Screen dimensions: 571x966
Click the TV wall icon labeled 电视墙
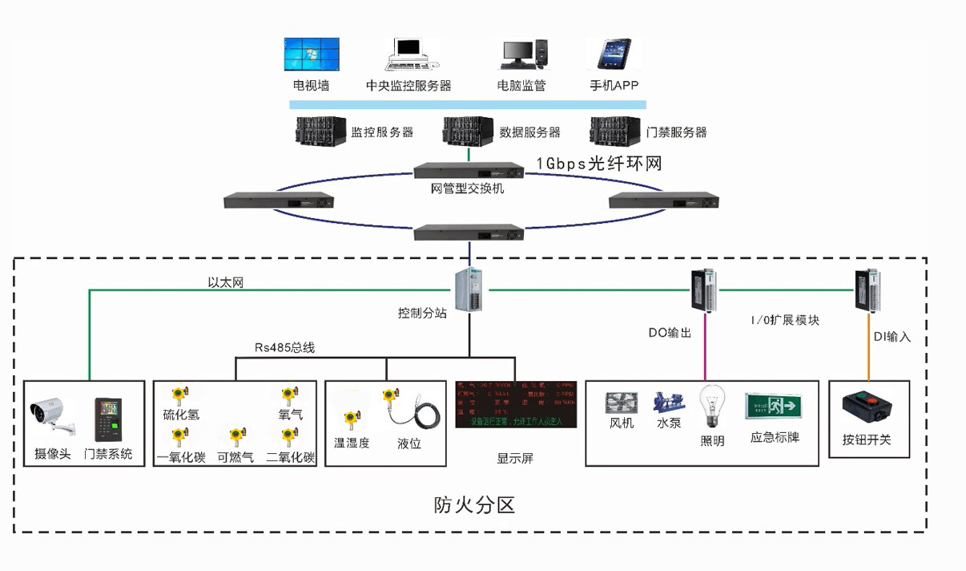tap(311, 54)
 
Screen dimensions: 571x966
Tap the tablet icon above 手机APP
tap(614, 54)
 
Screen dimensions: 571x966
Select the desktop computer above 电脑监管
tap(525, 54)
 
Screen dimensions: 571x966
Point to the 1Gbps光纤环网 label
tap(599, 163)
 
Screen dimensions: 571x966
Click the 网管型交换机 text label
tap(468, 189)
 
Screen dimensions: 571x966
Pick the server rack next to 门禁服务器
tap(615, 132)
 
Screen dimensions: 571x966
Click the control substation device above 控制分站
tap(469, 289)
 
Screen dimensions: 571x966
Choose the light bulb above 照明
tap(711, 407)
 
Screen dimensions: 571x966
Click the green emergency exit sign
tap(775, 405)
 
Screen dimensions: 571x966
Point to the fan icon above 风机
tap(622, 403)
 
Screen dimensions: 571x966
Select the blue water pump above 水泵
tap(668, 402)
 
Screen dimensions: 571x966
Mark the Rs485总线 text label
tap(285, 348)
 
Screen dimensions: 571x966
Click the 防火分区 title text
tap(474, 504)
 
